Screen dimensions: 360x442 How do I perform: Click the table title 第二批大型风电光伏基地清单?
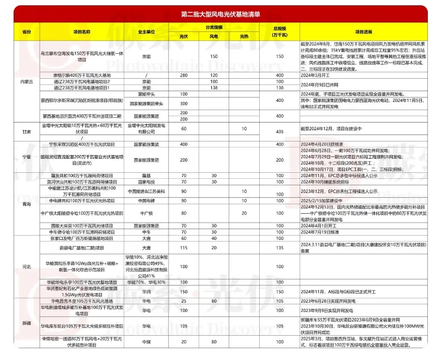pos(221,12)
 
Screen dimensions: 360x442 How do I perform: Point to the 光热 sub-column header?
pos(244,36)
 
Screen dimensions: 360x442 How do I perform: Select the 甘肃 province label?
pos(25,130)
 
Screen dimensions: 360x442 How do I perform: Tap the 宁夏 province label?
pos(25,157)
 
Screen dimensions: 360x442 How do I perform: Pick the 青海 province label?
pos(25,204)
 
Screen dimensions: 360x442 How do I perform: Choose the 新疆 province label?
pos(25,323)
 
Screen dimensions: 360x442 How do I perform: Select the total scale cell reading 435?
pos(278,129)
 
